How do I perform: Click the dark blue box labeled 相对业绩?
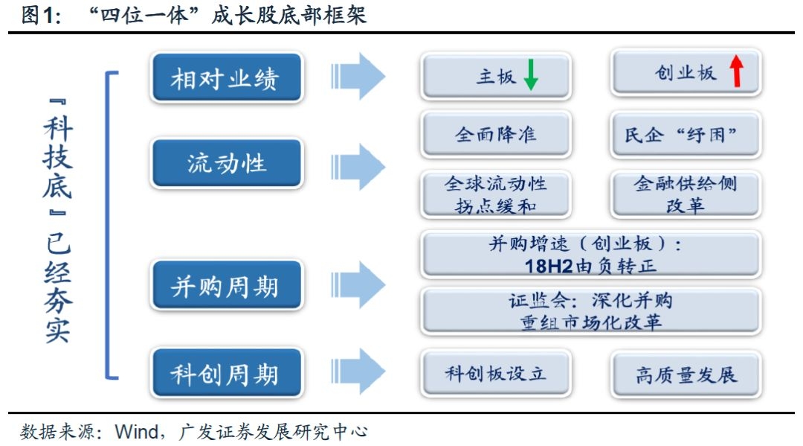coord(227,77)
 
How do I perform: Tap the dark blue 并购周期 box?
coord(227,285)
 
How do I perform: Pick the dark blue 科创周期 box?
coord(227,373)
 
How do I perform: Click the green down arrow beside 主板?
coord(530,75)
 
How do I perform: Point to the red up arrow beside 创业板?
coord(736,72)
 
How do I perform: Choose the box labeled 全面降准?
coord(496,135)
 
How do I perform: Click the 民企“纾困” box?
coord(686,135)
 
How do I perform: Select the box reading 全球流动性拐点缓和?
coord(496,194)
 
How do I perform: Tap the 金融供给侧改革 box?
coord(686,194)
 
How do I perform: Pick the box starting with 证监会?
coord(590,311)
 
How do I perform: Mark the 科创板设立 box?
coord(496,373)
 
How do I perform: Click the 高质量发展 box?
coord(686,374)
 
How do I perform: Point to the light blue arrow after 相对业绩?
coord(358,76)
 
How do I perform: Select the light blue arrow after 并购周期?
coord(358,284)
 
